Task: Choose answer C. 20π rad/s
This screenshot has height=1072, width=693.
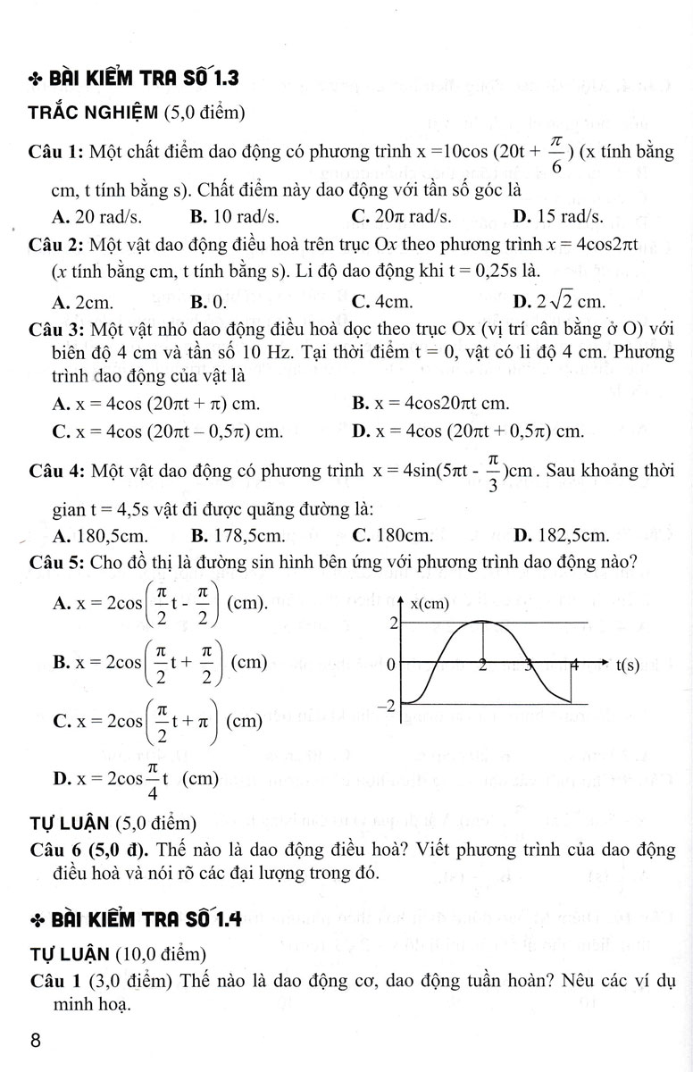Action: [x=401, y=215]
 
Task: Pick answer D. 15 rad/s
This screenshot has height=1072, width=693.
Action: [x=558, y=215]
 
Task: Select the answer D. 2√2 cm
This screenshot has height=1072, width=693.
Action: [x=560, y=301]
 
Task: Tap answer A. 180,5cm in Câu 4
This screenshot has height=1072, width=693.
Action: [x=101, y=536]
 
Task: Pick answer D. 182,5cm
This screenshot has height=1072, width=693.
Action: [x=563, y=536]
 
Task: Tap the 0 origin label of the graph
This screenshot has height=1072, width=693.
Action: [x=391, y=665]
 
